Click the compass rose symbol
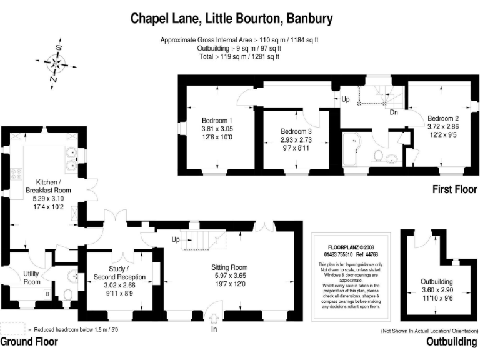click(x=56, y=63)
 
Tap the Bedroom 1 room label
click(x=217, y=121)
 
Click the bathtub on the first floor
click(x=352, y=150)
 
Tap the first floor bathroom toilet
click(x=378, y=156)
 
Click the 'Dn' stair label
click(x=394, y=113)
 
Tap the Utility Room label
click(x=31, y=277)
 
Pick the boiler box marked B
click(x=47, y=293)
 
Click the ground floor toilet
click(x=69, y=294)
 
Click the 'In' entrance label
click(x=214, y=329)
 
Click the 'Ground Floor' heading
click(x=29, y=342)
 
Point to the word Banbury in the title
click(x=309, y=18)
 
